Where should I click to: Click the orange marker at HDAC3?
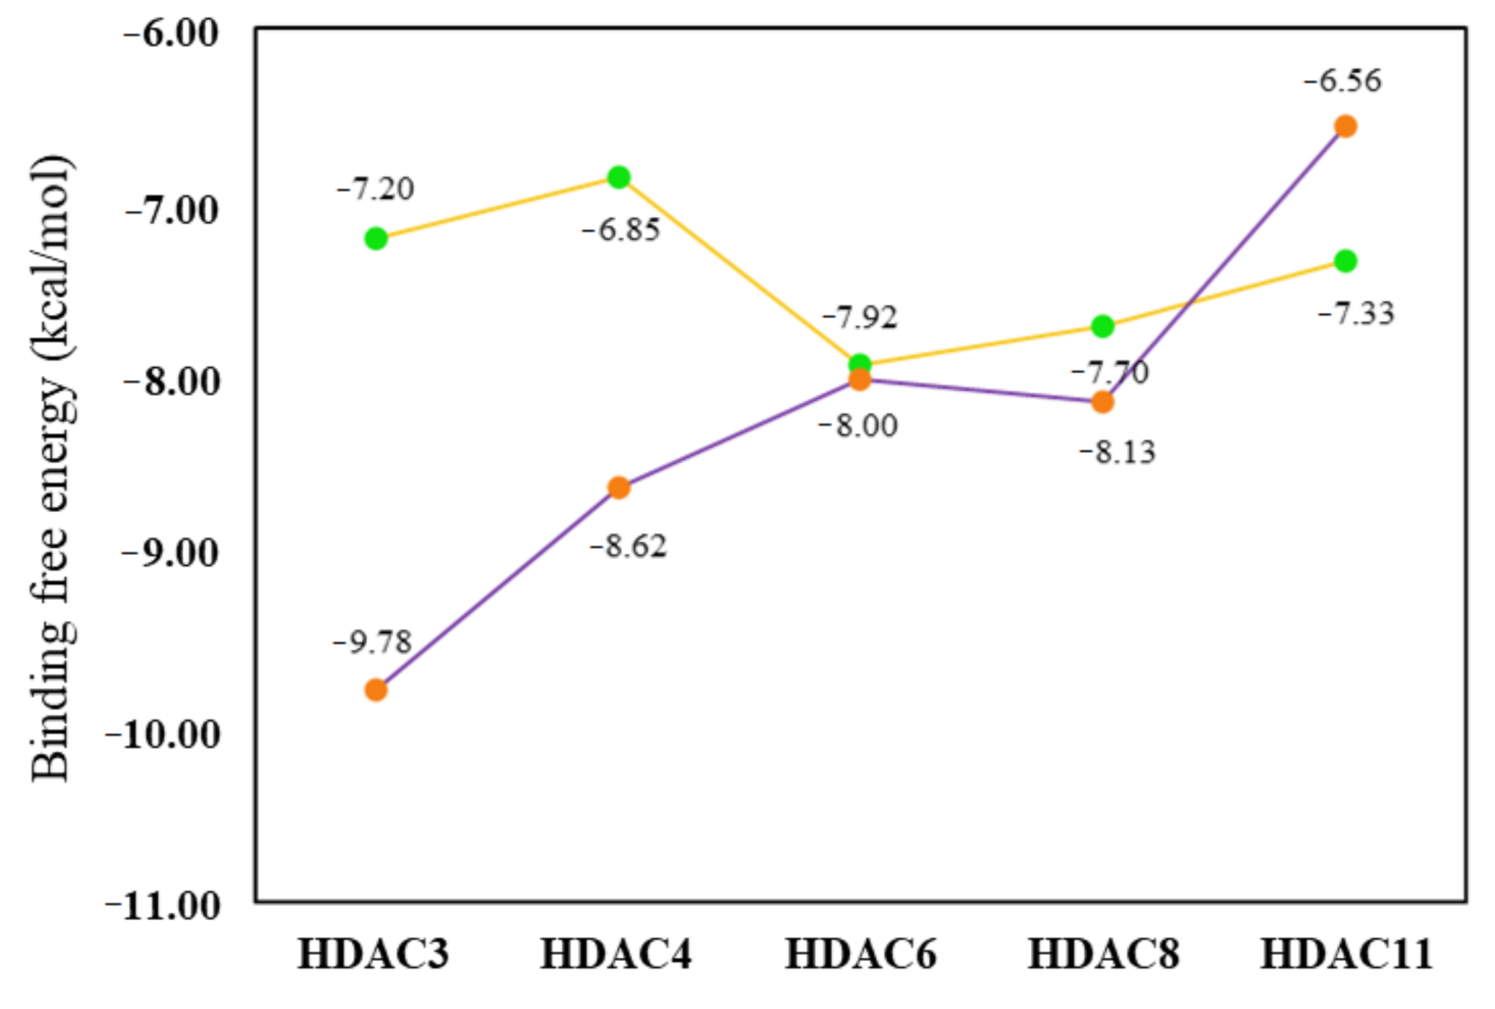tap(376, 690)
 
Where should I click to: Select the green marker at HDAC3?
tap(376, 238)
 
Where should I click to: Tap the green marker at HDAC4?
tap(618, 178)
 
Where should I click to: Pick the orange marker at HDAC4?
tap(618, 487)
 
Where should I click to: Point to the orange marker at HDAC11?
tap(1345, 126)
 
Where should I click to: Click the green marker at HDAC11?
tap(1345, 261)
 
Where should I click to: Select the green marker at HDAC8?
tap(1102, 326)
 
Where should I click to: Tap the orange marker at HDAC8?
tap(1102, 401)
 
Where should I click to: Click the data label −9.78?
tap(372, 643)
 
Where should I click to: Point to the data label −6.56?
tap(1342, 81)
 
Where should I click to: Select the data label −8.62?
tap(628, 547)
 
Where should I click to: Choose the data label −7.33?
tap(1355, 313)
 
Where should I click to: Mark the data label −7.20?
tap(375, 188)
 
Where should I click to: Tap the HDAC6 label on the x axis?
tap(860, 954)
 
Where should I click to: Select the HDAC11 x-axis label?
tap(1346, 954)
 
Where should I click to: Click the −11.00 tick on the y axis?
tap(163, 906)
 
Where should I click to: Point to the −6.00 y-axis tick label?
tap(171, 34)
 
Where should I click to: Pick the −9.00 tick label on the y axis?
tap(171, 553)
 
